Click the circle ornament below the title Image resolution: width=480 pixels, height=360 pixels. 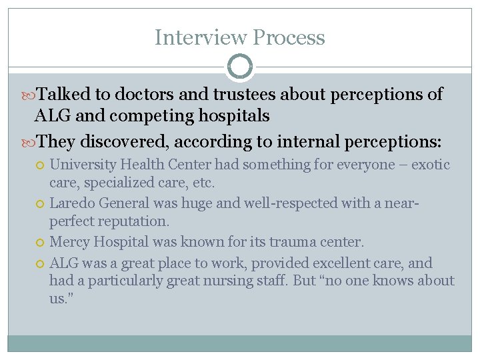pos(240,67)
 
